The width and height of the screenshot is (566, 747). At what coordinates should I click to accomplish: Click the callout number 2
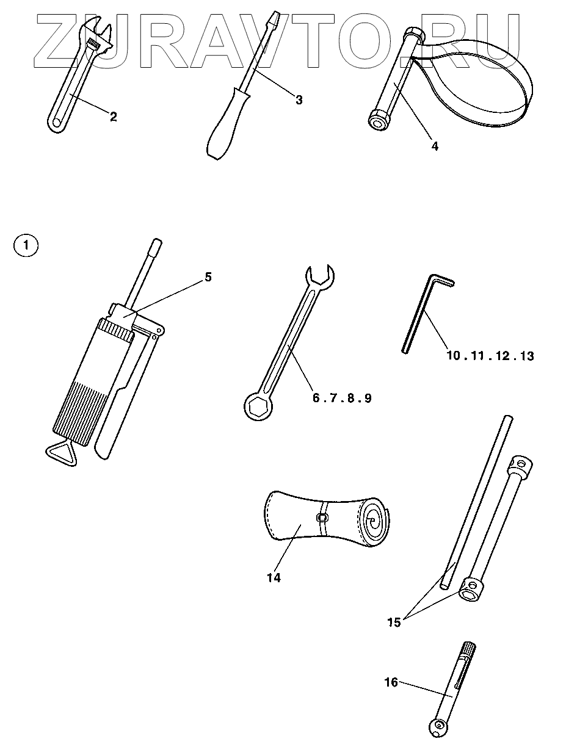click(x=113, y=117)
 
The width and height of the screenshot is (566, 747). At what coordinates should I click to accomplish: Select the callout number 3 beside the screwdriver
click(x=299, y=99)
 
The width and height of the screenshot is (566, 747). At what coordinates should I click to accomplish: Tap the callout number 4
click(x=434, y=146)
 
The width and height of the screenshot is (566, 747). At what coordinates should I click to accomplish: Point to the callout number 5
click(x=208, y=276)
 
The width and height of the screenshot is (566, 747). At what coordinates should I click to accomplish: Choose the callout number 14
click(x=274, y=577)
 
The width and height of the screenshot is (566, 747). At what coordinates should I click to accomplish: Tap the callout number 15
click(x=394, y=622)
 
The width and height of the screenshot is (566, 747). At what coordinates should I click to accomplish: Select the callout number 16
click(x=391, y=682)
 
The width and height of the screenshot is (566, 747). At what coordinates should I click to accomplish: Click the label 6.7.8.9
click(x=342, y=398)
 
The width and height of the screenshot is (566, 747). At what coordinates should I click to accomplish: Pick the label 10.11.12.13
click(x=490, y=355)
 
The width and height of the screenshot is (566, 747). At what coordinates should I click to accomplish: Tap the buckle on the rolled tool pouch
click(x=322, y=518)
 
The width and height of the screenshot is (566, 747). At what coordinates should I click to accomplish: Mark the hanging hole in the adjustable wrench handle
click(x=56, y=123)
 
